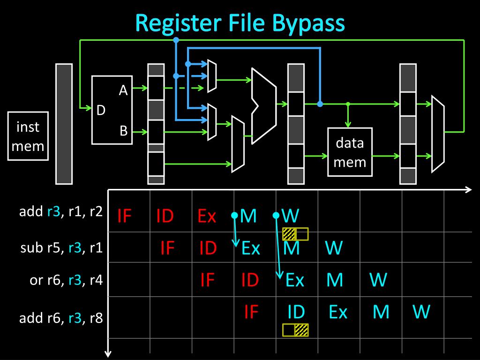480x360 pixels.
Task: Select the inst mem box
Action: click(x=28, y=136)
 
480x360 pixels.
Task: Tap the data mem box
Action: click(x=350, y=152)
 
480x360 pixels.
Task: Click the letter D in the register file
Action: click(x=101, y=111)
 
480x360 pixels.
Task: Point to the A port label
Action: click(x=123, y=90)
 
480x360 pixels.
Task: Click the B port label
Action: click(x=123, y=131)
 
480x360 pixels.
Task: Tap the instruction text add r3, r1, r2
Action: click(x=60, y=211)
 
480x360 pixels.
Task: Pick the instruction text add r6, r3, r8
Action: click(x=60, y=319)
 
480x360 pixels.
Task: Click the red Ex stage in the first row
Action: click(x=207, y=216)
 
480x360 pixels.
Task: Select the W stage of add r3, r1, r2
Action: click(x=291, y=216)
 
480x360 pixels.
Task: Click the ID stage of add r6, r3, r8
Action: click(x=296, y=312)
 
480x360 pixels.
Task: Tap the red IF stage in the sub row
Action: click(x=167, y=247)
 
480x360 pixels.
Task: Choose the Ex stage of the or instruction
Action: click(x=295, y=280)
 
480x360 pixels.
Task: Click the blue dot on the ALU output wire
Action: click(x=320, y=104)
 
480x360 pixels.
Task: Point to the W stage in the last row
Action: click(x=421, y=312)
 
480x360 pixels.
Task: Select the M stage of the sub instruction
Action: click(x=292, y=247)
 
